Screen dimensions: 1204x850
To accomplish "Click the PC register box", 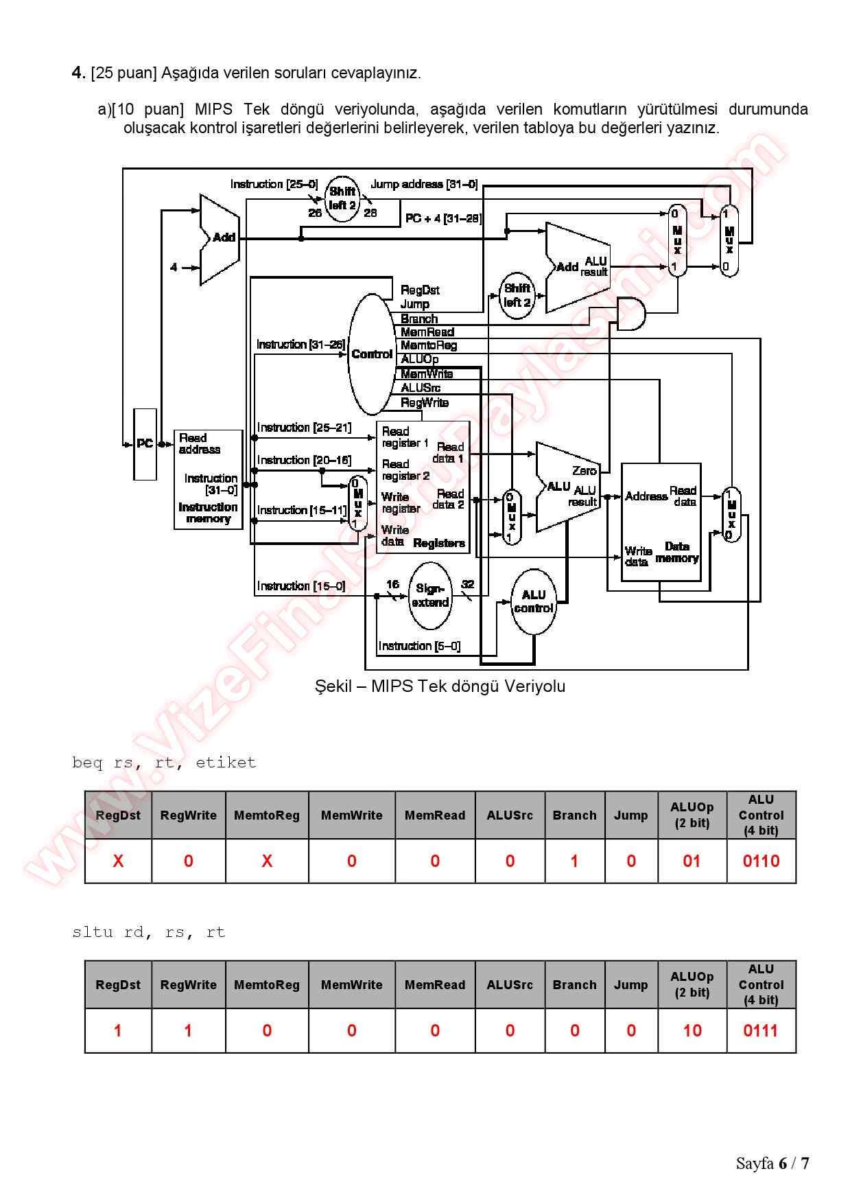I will (x=145, y=444).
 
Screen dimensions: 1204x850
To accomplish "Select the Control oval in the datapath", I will (x=372, y=354).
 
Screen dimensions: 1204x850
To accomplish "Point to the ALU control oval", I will (x=534, y=601).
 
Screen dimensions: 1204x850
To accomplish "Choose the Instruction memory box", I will (x=208, y=479).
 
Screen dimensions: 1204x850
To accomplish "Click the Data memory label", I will (x=676, y=553).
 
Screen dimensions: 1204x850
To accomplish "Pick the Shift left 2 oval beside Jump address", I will (x=342, y=198).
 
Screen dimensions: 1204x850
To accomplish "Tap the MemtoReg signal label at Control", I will (x=429, y=345).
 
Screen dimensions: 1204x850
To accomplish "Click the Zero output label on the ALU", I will (x=585, y=471).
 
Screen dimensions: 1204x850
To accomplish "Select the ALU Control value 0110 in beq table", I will (x=761, y=861).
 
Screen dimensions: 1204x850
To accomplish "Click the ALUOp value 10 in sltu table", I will (x=692, y=1030).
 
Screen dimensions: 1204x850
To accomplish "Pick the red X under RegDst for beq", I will (x=118, y=861).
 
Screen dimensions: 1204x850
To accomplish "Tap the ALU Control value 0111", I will (x=761, y=1030).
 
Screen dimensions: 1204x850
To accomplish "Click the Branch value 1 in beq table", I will (x=574, y=861).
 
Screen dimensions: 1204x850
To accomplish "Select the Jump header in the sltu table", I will (x=630, y=984).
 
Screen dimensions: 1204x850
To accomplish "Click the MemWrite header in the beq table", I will (x=351, y=815).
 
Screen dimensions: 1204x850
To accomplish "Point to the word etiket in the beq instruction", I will (x=226, y=763).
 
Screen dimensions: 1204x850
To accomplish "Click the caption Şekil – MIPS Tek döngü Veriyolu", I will (x=440, y=686).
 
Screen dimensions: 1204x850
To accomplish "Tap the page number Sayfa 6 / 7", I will (x=772, y=1163).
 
